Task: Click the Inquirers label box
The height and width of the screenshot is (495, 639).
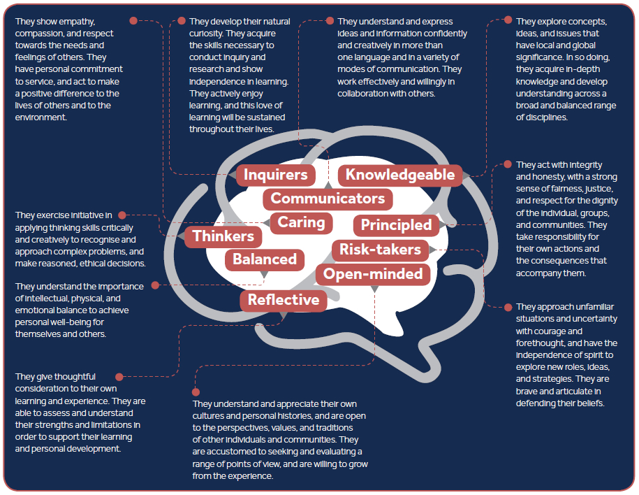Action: point(275,175)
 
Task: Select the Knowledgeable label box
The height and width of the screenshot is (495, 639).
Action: point(400,175)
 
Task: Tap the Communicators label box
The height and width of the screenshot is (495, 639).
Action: point(328,199)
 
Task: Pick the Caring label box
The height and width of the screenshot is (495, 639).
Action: point(302,223)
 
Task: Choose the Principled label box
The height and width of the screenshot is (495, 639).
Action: point(396,225)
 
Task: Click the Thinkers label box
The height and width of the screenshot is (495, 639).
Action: point(223,236)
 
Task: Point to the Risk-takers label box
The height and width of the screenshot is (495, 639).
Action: point(380,250)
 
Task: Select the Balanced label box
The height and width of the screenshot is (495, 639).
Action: point(265,259)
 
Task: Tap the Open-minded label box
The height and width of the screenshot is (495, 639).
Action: point(373,273)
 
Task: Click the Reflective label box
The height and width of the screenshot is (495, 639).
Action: point(284,301)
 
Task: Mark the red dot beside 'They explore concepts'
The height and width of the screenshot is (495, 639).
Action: point(506,22)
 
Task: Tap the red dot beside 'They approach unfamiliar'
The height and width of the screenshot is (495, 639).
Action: point(506,307)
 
